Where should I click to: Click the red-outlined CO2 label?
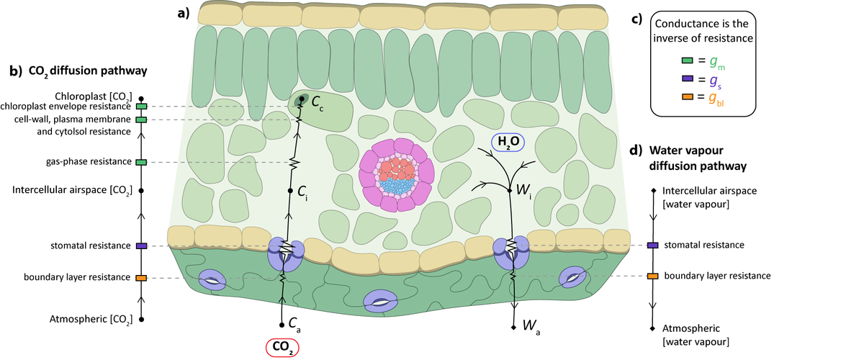[x=282, y=348]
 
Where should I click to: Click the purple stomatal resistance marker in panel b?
[x=141, y=246]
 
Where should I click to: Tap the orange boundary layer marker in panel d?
[x=652, y=276]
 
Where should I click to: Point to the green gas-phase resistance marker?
[x=141, y=162]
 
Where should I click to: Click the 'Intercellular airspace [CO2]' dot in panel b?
[x=141, y=191]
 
